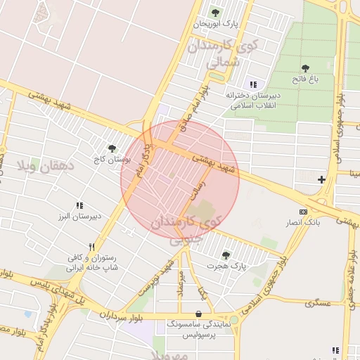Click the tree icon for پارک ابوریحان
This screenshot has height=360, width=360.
pos(215,13)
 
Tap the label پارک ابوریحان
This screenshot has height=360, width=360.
pos(216,24)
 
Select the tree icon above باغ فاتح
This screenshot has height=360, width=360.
pos(304,68)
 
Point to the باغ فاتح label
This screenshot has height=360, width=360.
pos(305,79)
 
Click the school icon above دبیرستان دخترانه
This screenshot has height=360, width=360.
pos(252,84)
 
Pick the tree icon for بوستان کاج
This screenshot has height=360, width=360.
pos(111,148)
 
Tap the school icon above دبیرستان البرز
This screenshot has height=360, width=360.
pos(79,205)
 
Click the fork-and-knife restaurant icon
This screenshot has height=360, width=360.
pos(91,247)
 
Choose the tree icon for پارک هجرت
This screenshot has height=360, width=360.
pos(226,255)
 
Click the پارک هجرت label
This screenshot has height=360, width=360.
pos(227,266)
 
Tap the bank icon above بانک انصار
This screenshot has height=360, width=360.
pos(303,212)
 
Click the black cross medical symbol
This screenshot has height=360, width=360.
pos(321,179)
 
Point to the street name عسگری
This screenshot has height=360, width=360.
pos(318,302)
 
